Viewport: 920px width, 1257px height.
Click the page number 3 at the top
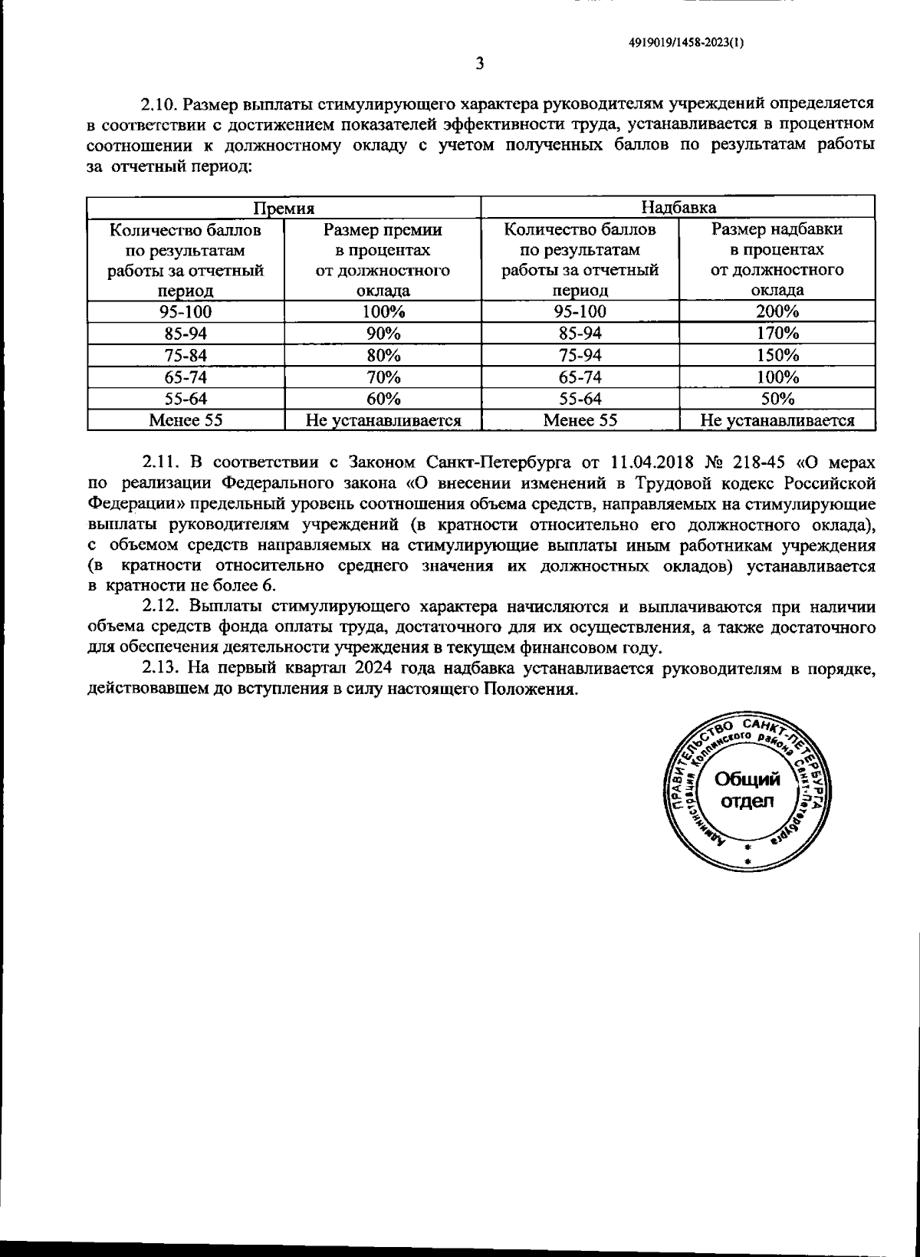click(479, 64)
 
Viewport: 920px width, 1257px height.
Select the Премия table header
click(284, 208)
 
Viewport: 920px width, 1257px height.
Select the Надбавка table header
click(678, 207)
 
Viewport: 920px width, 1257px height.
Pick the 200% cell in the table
click(777, 311)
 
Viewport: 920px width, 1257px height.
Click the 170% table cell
click(777, 334)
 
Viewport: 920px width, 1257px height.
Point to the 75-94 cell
click(580, 355)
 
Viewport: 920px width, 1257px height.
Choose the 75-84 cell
click(186, 355)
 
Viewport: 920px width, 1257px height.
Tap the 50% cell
click(777, 399)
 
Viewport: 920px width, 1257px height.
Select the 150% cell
click(777, 355)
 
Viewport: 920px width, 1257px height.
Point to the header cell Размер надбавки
click(777, 229)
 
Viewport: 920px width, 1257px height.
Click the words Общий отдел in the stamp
click(747, 791)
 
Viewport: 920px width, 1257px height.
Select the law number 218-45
click(758, 462)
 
